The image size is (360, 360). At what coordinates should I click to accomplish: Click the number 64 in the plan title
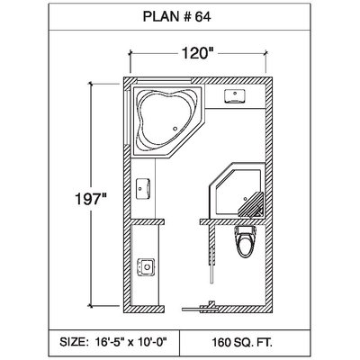pyautogui.click(x=203, y=16)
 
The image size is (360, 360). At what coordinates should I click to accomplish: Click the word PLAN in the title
pyautogui.click(x=161, y=16)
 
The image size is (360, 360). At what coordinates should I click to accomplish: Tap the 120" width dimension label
pyautogui.click(x=195, y=54)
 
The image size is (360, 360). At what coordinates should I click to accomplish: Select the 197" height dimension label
pyautogui.click(x=91, y=199)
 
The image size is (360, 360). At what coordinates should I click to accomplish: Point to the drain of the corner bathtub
pyautogui.click(x=175, y=129)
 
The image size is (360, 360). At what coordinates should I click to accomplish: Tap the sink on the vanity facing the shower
pyautogui.click(x=143, y=189)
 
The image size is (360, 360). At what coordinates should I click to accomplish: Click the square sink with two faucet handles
pyautogui.click(x=146, y=266)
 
